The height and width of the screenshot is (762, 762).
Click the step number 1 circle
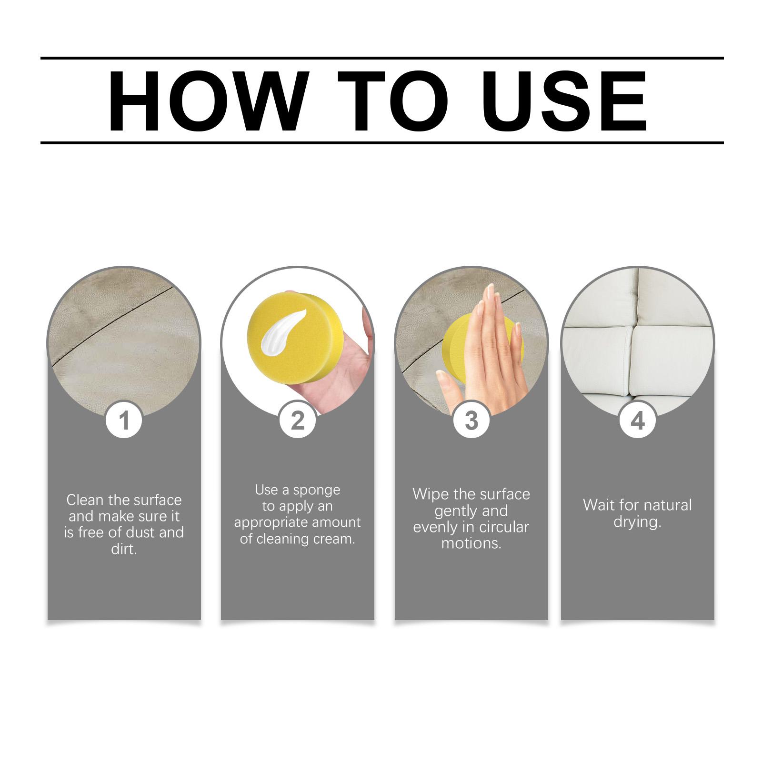pos(124,421)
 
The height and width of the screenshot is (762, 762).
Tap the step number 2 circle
pos(298,421)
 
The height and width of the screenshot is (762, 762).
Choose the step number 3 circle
pos(471,421)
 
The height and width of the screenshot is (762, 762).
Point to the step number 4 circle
pos(638,421)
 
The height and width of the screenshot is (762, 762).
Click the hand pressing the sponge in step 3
pos(486,352)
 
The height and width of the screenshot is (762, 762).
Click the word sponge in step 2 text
pos(317,490)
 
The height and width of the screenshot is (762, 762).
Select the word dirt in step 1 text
pos(124,549)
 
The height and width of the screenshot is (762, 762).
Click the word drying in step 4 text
pos(637,522)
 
